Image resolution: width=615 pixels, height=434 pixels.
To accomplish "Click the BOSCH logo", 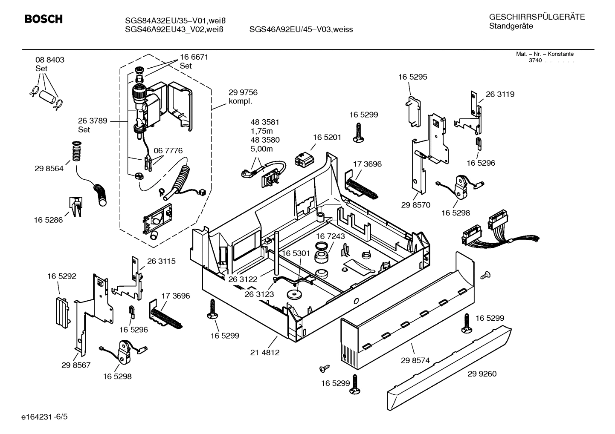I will pos(44,19).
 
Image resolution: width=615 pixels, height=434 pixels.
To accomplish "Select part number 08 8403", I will pos(50,60).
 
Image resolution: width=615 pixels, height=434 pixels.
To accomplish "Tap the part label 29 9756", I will pos(243,92).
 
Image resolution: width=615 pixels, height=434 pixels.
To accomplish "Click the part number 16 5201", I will pos(327,137).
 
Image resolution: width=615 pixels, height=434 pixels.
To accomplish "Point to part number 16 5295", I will pos(412,77).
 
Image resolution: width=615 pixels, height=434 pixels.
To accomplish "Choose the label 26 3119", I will pos(500,95).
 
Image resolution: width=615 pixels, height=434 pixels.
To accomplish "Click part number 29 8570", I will pos(415,205).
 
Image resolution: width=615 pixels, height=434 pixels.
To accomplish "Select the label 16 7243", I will pos(330,236).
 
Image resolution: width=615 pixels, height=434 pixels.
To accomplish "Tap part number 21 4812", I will pos(265,353).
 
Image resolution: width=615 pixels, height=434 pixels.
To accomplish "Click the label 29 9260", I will pos(482,374).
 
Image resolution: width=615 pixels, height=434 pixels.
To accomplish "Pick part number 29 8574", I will pos(415,360).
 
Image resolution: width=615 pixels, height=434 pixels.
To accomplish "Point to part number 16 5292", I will pos(61,276).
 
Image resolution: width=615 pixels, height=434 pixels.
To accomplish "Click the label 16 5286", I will pos(48,220).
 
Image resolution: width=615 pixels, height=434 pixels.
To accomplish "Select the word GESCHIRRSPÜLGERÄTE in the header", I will pos(537,17).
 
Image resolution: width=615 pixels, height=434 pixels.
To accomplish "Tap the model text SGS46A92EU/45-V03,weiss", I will pos(301,29).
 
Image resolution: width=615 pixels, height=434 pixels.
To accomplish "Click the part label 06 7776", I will pos(168,151).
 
